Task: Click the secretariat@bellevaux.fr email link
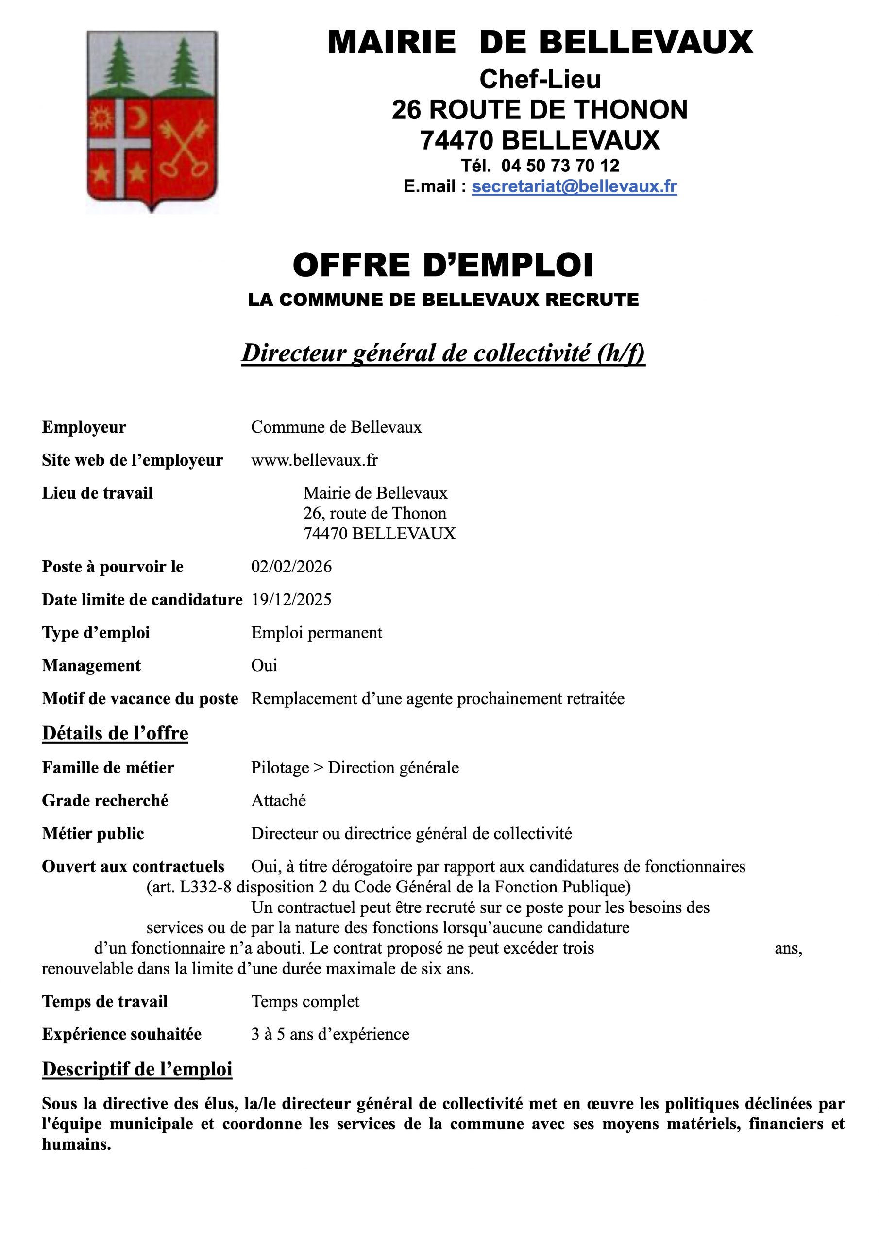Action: click(574, 186)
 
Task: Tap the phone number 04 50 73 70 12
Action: click(560, 165)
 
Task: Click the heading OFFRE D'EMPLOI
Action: click(442, 265)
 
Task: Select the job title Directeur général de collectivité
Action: click(442, 353)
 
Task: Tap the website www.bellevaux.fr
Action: click(314, 460)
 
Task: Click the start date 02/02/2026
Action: click(291, 567)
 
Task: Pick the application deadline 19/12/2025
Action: click(291, 599)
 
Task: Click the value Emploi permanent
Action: click(316, 632)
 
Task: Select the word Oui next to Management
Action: click(264, 665)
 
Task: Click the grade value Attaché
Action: click(278, 800)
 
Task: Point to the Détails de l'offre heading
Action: click(115, 733)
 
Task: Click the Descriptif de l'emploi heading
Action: click(137, 1069)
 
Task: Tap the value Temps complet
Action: click(305, 1002)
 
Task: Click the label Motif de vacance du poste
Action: click(140, 698)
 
